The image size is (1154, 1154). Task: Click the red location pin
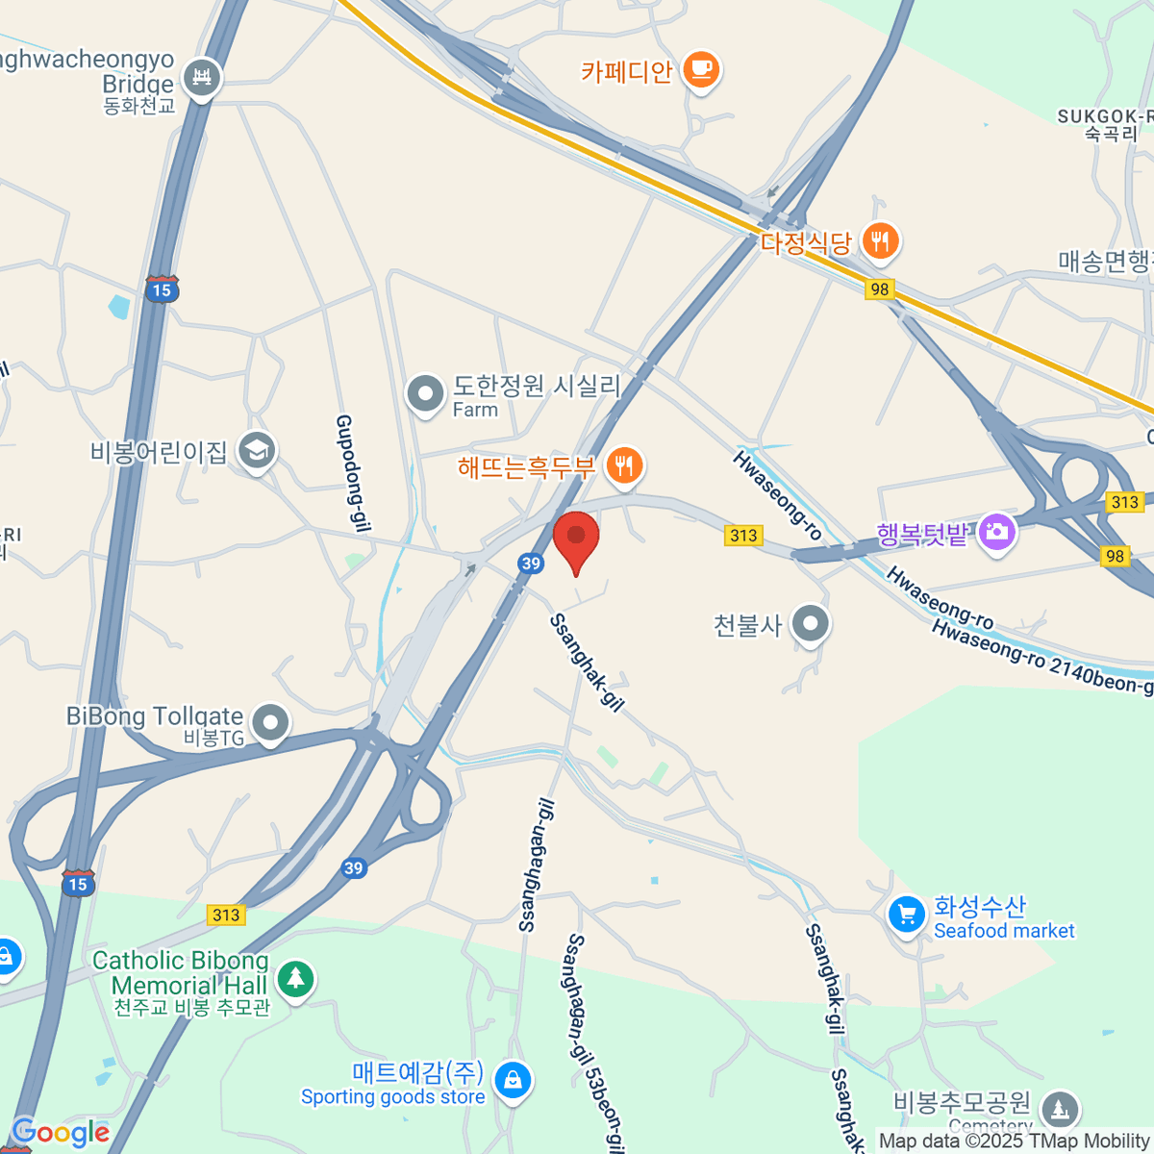pos(576,539)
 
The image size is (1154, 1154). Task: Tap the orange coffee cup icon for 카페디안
pos(701,70)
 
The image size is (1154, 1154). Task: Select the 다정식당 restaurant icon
pos(880,240)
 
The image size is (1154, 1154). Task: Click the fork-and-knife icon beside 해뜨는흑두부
pos(625,466)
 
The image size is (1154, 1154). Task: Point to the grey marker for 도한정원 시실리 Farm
pos(424,393)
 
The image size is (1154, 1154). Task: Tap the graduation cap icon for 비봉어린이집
pos(257,450)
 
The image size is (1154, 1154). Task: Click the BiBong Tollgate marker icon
pos(270,721)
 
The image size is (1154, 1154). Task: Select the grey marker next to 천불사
pos(811,624)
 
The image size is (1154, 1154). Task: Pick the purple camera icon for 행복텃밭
pos(997,532)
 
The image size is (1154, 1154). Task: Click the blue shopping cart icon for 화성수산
pos(907,916)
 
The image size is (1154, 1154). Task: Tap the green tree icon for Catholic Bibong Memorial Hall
pos(295,979)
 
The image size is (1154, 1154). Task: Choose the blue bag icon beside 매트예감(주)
pos(514,1080)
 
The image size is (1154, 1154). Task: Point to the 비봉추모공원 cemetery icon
pos(1060,1109)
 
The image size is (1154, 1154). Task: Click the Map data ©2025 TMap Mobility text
pos(1015,1141)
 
